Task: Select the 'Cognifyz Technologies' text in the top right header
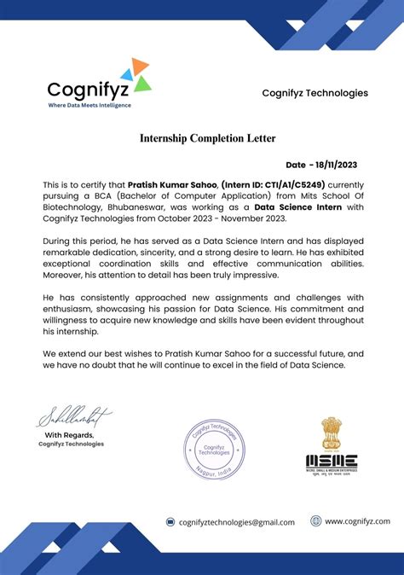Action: (315, 93)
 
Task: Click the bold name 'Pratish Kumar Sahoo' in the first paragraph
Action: (173, 183)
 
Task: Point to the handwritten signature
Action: (74, 418)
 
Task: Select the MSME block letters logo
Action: (332, 462)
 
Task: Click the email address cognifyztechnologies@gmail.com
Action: (237, 522)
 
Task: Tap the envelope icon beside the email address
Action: (170, 522)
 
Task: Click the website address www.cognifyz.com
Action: (357, 521)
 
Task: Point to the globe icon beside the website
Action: (315, 521)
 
